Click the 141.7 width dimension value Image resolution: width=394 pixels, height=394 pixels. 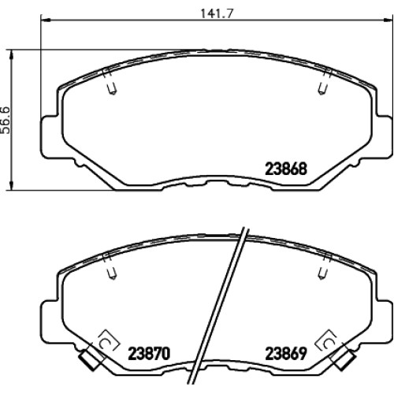point(217,13)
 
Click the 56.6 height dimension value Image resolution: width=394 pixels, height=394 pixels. point(6,121)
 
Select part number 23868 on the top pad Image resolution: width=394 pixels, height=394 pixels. point(286,169)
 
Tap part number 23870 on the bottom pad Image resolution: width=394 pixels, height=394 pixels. point(149,354)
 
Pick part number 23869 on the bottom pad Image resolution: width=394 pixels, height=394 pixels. point(286,354)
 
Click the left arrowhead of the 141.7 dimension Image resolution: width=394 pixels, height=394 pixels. point(46,20)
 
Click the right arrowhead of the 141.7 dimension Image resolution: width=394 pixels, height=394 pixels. point(388,20)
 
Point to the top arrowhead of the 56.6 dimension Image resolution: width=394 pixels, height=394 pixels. point(11,54)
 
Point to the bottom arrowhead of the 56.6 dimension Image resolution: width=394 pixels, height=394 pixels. point(11,185)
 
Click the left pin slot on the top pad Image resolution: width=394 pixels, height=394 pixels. point(112,89)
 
